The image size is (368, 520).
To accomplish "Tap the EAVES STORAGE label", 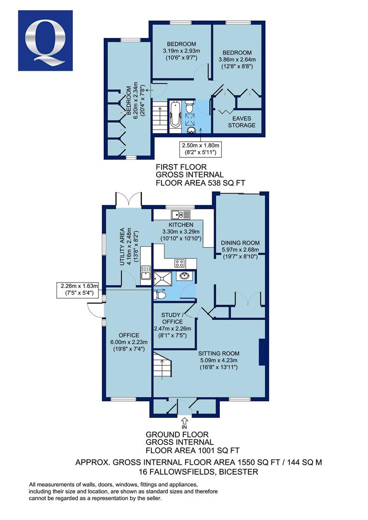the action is coord(242,122).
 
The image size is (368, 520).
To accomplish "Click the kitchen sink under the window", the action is coord(181,215).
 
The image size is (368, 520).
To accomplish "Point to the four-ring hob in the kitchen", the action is coord(179,263).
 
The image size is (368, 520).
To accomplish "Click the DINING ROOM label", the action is coord(240,243).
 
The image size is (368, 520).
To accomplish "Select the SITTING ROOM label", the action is coord(219,353).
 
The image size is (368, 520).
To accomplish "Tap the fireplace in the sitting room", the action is coord(262,352).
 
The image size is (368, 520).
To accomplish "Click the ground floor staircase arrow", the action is coord(162,368).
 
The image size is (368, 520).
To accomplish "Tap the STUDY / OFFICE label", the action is coord(172,318).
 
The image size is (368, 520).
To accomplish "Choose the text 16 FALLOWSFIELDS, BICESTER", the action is coord(199,471).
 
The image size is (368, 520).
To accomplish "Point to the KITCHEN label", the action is coord(181,225).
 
